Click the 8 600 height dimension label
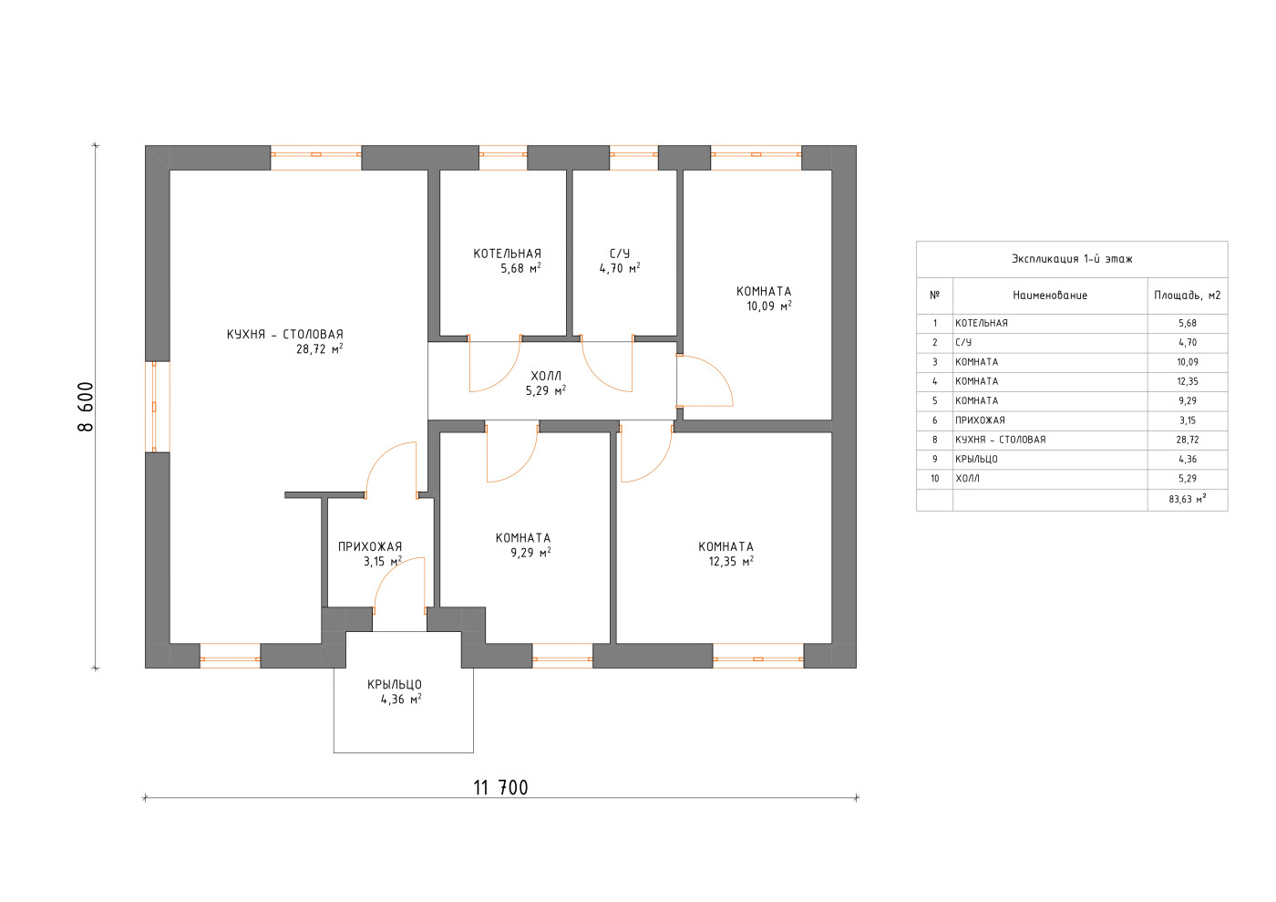[x=86, y=407]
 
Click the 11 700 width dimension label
[x=500, y=788]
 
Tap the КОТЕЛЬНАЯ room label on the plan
[x=507, y=254]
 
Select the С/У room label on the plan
[x=620, y=254]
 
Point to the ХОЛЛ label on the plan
[x=546, y=377]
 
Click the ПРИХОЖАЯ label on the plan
[x=370, y=547]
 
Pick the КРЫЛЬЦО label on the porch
[x=394, y=684]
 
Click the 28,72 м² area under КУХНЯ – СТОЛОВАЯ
[x=320, y=348]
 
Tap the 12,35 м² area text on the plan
[x=731, y=561]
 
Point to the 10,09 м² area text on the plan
[x=769, y=306]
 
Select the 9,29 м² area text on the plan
[x=530, y=552]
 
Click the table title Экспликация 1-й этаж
[x=1072, y=259]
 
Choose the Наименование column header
[x=1050, y=295]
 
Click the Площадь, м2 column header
[x=1187, y=295]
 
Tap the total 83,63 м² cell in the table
[x=1187, y=499]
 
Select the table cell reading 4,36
[x=1188, y=459]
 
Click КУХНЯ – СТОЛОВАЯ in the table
[x=1001, y=440]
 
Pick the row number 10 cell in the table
[x=935, y=479]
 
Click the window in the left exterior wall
[x=154, y=407]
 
